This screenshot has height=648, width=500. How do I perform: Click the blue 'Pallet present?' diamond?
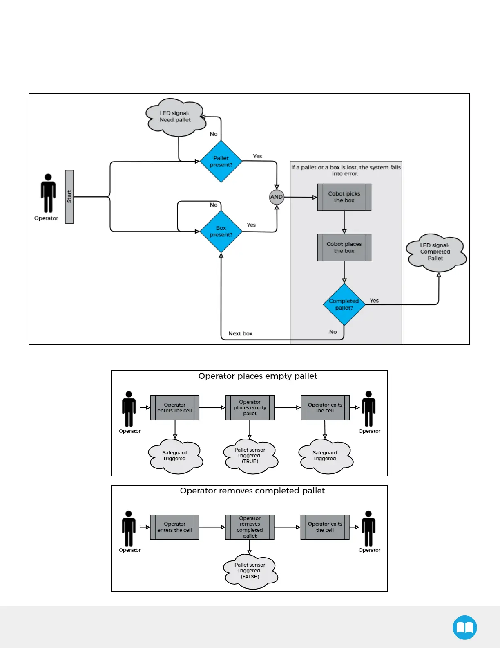tap(221, 162)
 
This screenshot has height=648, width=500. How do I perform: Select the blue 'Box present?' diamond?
tap(221, 232)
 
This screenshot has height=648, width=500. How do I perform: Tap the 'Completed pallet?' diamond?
tap(344, 304)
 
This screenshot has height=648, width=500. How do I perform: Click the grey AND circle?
tap(277, 197)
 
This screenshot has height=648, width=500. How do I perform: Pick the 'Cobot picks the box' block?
tap(344, 197)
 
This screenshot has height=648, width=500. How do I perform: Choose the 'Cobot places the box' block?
tap(344, 248)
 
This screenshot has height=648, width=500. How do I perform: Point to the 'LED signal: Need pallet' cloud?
tap(175, 117)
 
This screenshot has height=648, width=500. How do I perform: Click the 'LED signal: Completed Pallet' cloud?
tap(435, 252)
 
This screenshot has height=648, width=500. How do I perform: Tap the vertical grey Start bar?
tap(69, 197)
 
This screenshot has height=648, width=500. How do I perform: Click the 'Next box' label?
tap(240, 334)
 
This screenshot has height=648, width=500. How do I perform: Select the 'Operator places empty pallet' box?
tap(250, 408)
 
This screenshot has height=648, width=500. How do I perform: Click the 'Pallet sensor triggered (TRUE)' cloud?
tap(250, 456)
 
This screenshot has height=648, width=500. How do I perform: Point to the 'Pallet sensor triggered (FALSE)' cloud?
tap(250, 571)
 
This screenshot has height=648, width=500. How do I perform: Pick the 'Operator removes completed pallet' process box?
tap(250, 527)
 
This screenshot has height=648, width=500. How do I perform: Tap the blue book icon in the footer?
tap(464, 627)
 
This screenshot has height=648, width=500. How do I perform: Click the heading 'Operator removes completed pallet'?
tap(252, 491)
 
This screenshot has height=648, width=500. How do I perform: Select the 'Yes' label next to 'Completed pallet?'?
tap(374, 301)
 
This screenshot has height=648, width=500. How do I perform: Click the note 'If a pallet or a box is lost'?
tap(346, 171)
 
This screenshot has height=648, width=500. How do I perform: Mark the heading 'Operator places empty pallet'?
tap(257, 376)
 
